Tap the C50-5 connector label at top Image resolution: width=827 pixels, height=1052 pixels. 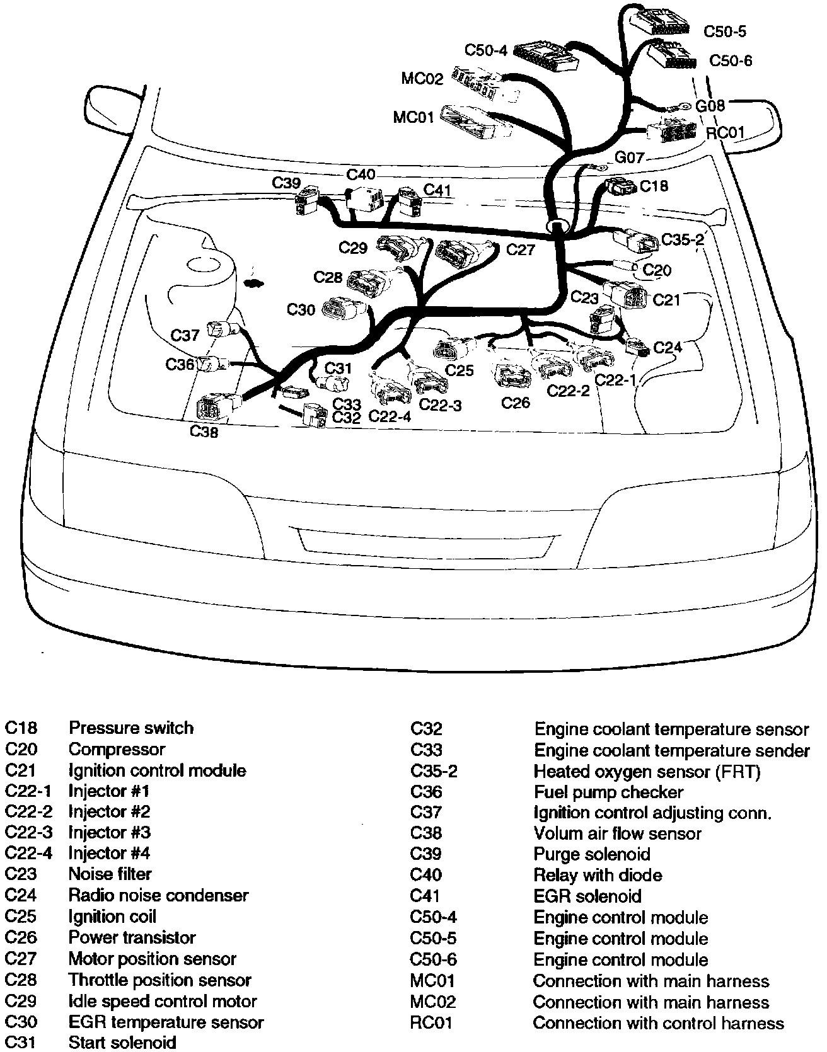[725, 31]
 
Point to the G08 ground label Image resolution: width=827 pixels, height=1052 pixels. [710, 106]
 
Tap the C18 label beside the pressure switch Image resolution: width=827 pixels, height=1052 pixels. [654, 186]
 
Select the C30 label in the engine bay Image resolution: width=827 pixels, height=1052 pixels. [301, 309]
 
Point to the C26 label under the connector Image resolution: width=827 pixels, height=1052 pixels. [516, 403]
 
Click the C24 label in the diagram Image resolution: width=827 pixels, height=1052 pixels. [668, 347]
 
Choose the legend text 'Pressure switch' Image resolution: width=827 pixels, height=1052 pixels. [130, 728]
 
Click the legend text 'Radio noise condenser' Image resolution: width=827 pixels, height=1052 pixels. [158, 895]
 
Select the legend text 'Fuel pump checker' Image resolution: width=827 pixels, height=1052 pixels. [608, 792]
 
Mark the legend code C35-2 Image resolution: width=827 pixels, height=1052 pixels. [434, 771]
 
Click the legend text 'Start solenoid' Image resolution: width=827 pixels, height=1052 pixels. [122, 1043]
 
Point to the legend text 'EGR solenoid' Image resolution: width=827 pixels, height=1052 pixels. [587, 896]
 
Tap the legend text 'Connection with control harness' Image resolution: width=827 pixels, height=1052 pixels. [658, 1023]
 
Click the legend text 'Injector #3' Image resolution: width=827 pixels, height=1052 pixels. [109, 833]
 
